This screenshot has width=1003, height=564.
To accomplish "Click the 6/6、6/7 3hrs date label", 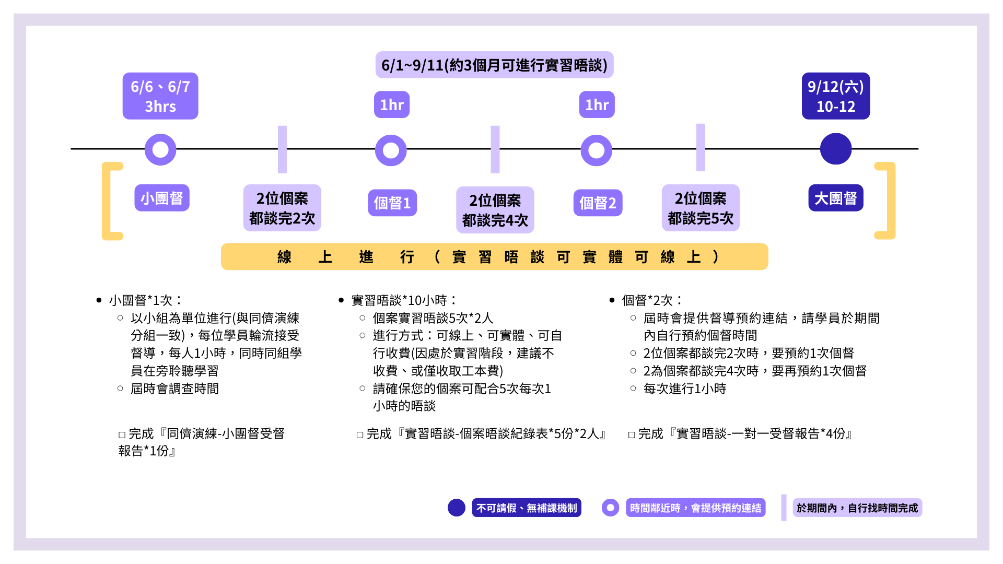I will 160,96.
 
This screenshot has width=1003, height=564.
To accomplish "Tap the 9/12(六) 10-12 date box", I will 835,96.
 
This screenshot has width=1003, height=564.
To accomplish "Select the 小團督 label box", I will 162,198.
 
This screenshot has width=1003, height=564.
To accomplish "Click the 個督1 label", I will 392,203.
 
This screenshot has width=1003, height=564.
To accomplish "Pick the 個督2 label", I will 598,203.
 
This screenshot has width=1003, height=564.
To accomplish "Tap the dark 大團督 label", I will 835,198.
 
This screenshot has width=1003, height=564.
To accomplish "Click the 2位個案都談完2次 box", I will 282,208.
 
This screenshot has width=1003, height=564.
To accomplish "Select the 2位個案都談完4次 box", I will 495,210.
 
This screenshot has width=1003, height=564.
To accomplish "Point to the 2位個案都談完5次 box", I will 701,208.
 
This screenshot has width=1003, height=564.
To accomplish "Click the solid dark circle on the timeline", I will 835,149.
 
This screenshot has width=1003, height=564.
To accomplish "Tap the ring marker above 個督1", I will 391,150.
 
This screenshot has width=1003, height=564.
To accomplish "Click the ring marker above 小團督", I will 160,150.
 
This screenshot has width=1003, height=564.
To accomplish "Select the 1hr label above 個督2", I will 597,105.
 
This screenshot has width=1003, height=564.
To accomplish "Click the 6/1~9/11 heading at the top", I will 494,65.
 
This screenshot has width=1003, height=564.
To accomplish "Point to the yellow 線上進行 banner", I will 494,256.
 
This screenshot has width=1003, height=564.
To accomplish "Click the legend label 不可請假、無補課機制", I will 526,508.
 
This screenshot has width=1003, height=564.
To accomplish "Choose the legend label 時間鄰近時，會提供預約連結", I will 695,508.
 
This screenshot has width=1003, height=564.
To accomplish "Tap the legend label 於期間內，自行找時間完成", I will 857,508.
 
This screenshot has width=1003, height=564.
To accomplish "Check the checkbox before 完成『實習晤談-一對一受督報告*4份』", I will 632,434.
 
